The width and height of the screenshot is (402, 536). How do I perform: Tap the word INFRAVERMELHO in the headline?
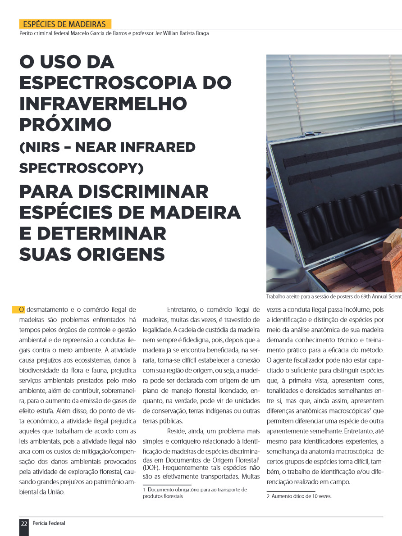pyautogui.click(x=103, y=104)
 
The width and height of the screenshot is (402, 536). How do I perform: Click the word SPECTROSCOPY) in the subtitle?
pyautogui.click(x=81, y=168)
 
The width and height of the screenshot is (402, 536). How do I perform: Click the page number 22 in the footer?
pyautogui.click(x=24, y=523)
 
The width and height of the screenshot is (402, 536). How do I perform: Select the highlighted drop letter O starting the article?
pyautogui.click(x=21, y=309)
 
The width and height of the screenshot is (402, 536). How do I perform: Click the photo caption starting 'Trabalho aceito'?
pyautogui.click(x=333, y=297)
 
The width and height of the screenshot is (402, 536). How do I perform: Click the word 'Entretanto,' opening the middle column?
pyautogui.click(x=182, y=309)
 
